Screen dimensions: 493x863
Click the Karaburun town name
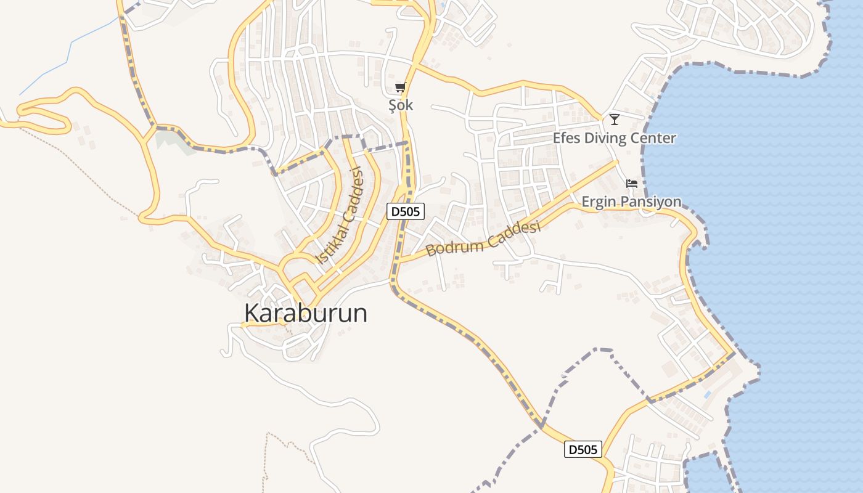[x=306, y=313]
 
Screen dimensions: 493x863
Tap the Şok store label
[x=401, y=105]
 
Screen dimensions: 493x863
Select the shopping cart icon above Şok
[x=401, y=87]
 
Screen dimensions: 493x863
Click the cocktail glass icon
[x=614, y=119]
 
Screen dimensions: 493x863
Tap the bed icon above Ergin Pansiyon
[x=632, y=184]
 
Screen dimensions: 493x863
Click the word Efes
[x=566, y=138]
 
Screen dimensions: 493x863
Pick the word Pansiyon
[x=651, y=202]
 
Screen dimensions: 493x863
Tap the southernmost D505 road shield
[x=583, y=450]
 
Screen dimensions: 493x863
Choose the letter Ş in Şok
[x=392, y=105]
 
